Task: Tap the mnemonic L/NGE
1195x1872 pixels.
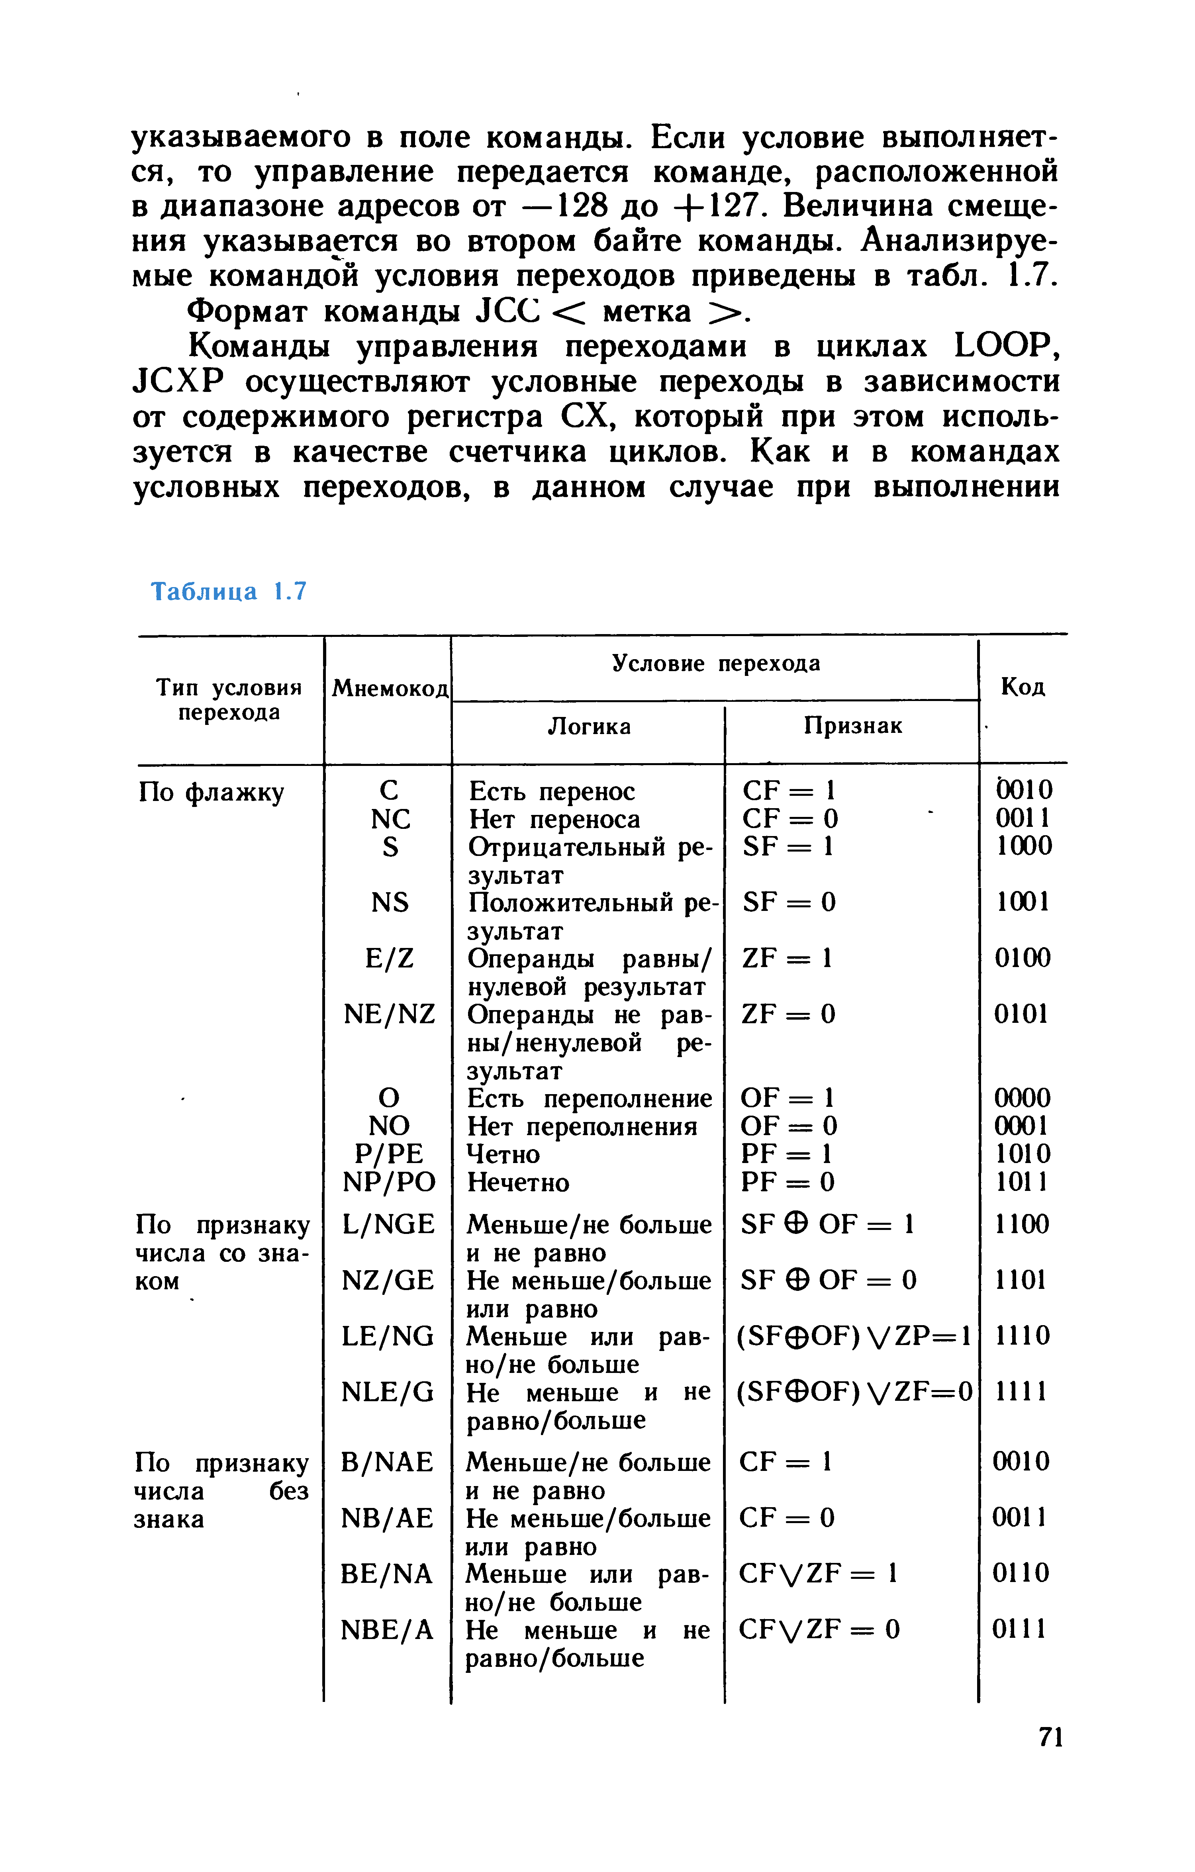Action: (388, 1224)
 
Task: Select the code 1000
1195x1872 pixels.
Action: (1024, 846)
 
